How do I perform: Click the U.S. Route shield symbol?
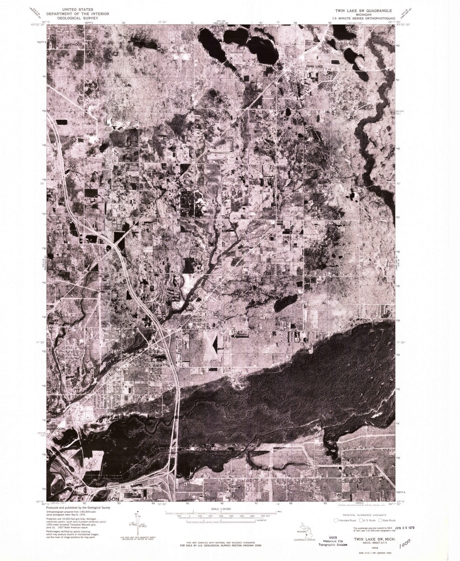[358, 521]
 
